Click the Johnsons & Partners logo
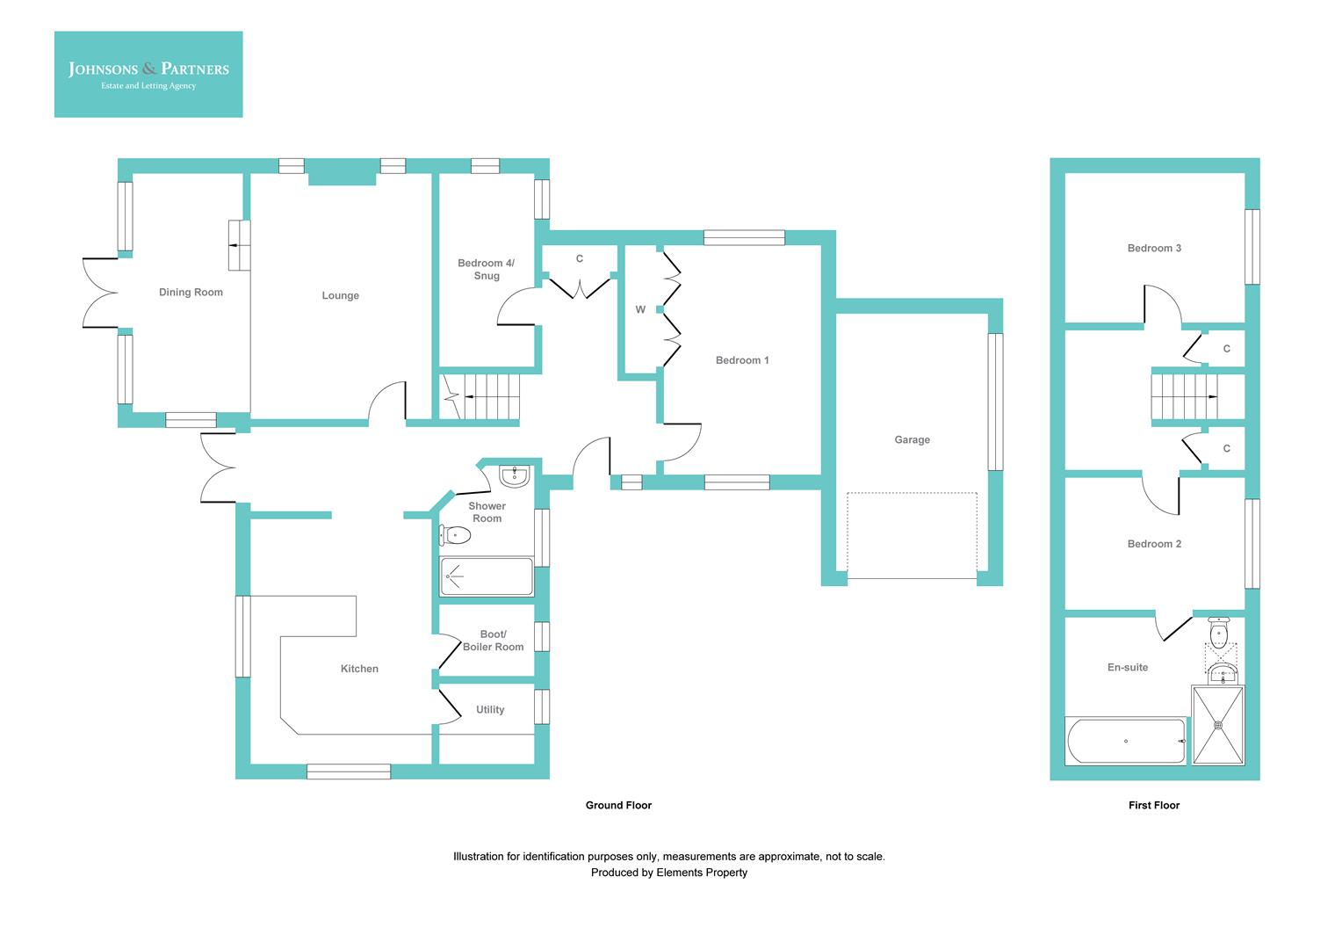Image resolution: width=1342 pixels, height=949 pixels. (148, 75)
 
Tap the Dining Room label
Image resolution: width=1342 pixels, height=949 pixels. (191, 293)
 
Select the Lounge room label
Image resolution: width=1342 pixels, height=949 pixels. (340, 296)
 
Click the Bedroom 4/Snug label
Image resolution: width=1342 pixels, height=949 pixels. (486, 270)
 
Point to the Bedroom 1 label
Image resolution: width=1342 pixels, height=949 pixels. (741, 360)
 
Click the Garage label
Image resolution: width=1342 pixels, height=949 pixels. (912, 440)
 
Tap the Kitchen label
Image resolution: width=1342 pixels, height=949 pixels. (359, 669)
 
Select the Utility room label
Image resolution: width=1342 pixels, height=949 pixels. (490, 710)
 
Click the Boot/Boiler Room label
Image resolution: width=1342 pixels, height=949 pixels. (493, 641)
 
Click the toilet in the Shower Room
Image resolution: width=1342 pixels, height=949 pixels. (453, 534)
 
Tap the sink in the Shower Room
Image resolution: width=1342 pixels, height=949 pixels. (513, 476)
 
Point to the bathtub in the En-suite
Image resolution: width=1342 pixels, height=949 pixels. (1126, 742)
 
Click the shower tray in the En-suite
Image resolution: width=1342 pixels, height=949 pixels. (1218, 725)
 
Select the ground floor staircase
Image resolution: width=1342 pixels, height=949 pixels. (481, 397)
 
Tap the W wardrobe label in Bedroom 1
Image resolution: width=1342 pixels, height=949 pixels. (640, 310)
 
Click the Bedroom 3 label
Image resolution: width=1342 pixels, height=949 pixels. (1154, 249)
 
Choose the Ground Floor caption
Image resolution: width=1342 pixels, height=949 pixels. (618, 805)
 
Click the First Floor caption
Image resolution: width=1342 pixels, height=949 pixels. (1153, 805)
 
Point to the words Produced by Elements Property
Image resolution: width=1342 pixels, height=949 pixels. (668, 873)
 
